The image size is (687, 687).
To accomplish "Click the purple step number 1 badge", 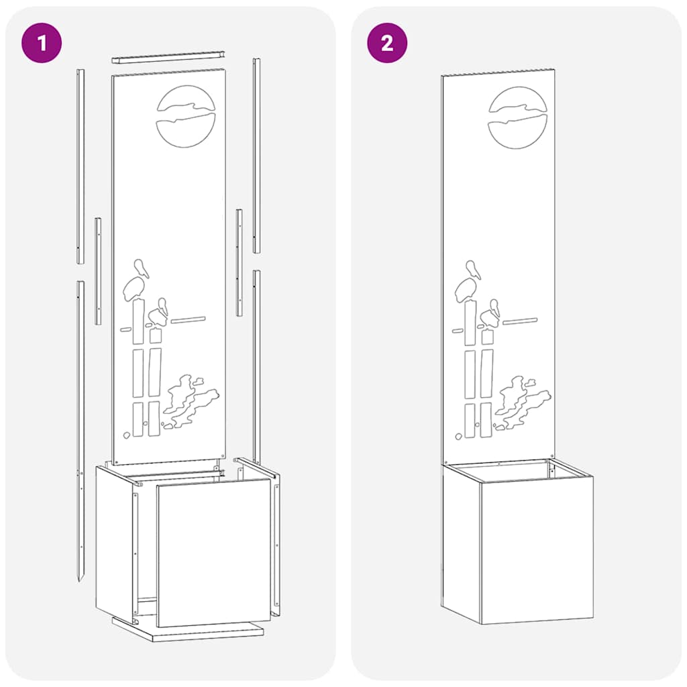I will pos(42,43).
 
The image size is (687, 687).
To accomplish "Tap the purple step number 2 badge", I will pos(387,43).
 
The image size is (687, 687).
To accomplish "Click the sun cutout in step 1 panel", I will pos(186,117).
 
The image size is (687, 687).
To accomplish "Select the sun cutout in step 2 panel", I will pos(517,117).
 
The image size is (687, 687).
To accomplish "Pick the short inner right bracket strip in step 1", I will pos(240,262).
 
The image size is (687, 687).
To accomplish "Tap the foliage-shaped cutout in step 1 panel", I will pos(191,403).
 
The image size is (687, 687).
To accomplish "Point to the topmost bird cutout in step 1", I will pos(142,268).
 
